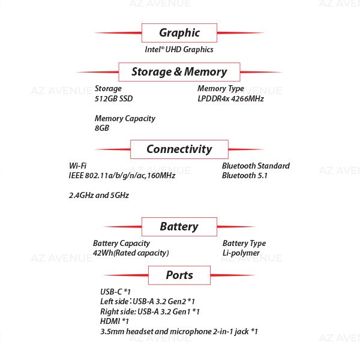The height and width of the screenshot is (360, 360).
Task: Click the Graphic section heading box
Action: (x=179, y=33)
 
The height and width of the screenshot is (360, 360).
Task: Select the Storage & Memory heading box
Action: (x=179, y=72)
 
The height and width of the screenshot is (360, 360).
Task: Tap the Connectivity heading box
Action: (x=179, y=149)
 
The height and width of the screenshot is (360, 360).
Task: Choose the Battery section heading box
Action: (x=179, y=227)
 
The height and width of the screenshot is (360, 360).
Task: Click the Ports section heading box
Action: (x=179, y=275)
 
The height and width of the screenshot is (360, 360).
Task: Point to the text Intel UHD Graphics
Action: (x=179, y=50)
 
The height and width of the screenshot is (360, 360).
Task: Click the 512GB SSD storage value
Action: (x=113, y=99)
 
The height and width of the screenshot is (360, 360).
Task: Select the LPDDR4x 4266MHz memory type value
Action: (x=230, y=99)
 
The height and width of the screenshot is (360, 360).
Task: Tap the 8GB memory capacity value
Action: (x=101, y=128)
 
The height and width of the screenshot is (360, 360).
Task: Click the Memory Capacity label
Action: (x=125, y=119)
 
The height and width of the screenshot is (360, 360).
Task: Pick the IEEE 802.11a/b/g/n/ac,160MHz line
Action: (x=122, y=176)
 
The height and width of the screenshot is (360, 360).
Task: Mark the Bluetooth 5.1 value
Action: (x=245, y=176)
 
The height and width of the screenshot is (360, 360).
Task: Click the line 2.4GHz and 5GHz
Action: (x=99, y=196)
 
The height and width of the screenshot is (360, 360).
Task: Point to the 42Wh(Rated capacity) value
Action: (x=131, y=253)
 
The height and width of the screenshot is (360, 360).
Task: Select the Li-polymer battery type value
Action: (x=241, y=253)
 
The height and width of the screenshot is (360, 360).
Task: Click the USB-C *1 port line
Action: (x=115, y=292)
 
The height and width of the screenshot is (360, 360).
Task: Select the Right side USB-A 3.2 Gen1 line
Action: (x=149, y=312)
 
